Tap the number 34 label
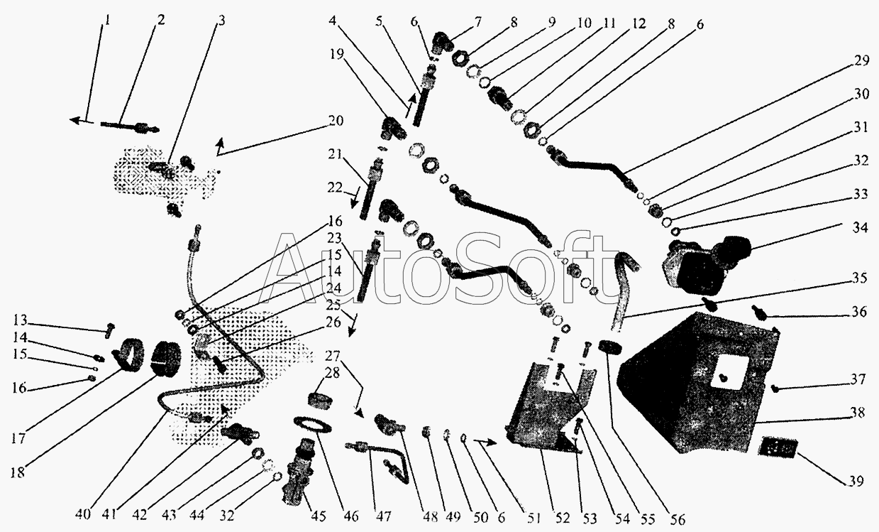coord(860,227)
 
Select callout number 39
coord(856,481)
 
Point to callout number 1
coord(106,20)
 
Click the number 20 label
coord(336,120)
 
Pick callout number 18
coord(18,472)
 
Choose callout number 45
coord(319,516)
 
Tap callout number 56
coord(677,519)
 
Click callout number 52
coord(563,518)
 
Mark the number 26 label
coord(333,322)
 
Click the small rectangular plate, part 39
coord(778,447)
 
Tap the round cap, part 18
coord(165,359)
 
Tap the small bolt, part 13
coord(110,331)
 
